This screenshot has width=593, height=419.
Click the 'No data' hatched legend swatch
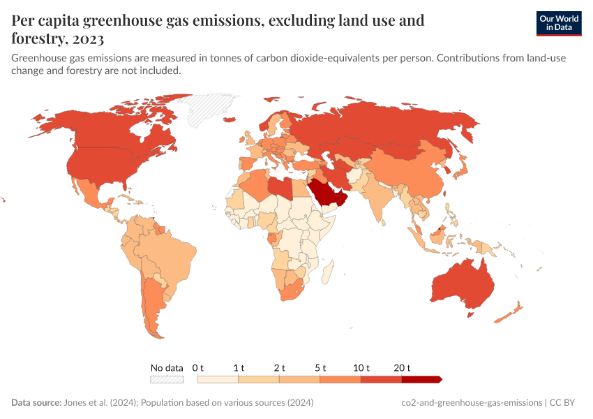click(167, 379)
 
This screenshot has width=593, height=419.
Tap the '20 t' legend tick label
click(403, 368)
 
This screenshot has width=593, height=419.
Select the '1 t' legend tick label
click(239, 368)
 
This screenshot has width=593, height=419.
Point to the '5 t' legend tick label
click(320, 368)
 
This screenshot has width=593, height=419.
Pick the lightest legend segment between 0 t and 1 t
click(218, 379)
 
